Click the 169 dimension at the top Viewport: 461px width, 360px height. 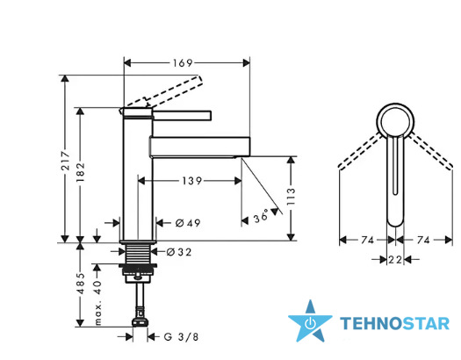[x=183, y=63]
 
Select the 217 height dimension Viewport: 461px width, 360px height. [x=66, y=161]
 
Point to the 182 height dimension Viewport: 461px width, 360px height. [x=80, y=171]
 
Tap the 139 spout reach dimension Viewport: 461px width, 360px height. [x=191, y=181]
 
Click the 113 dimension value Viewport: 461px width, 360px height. [x=291, y=197]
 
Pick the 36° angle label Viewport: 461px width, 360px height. [x=262, y=216]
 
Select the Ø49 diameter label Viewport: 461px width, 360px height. [x=188, y=223]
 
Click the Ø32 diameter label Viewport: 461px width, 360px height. [x=179, y=252]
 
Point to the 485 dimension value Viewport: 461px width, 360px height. [x=80, y=284]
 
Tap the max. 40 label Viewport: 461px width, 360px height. [x=98, y=302]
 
